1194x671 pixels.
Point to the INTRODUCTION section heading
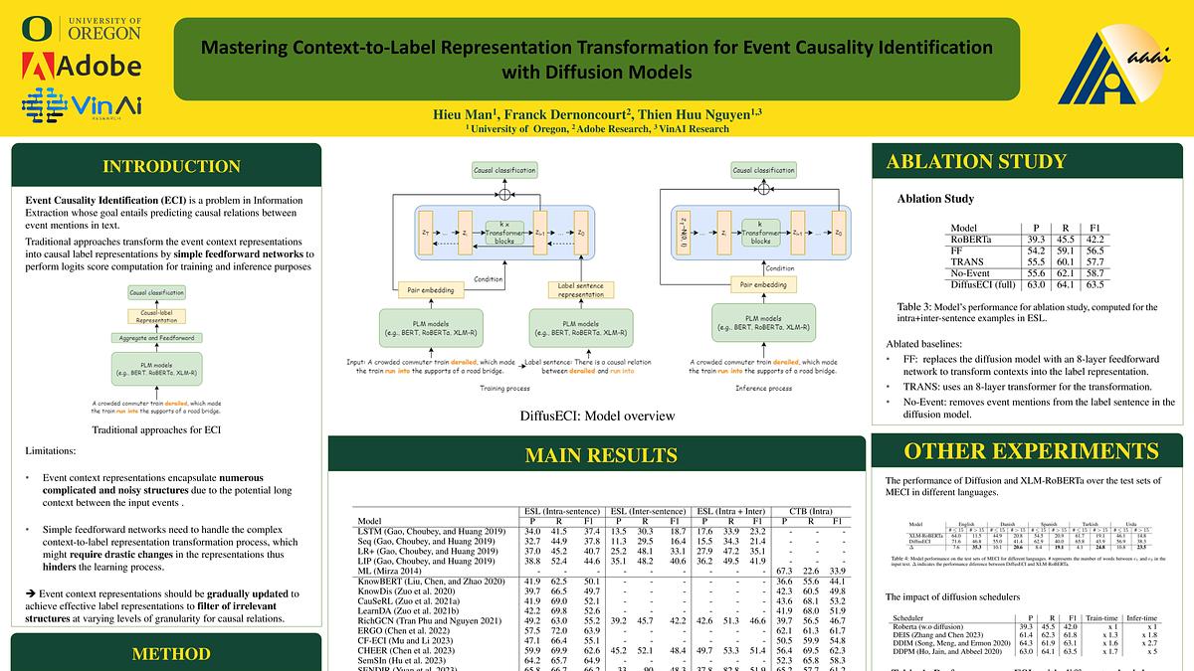[x=165, y=165]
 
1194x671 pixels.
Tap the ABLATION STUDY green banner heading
[x=976, y=162]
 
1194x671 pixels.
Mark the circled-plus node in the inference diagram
[x=763, y=188]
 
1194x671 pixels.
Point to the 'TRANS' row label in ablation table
[x=967, y=260]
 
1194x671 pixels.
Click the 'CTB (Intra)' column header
[x=806, y=511]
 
